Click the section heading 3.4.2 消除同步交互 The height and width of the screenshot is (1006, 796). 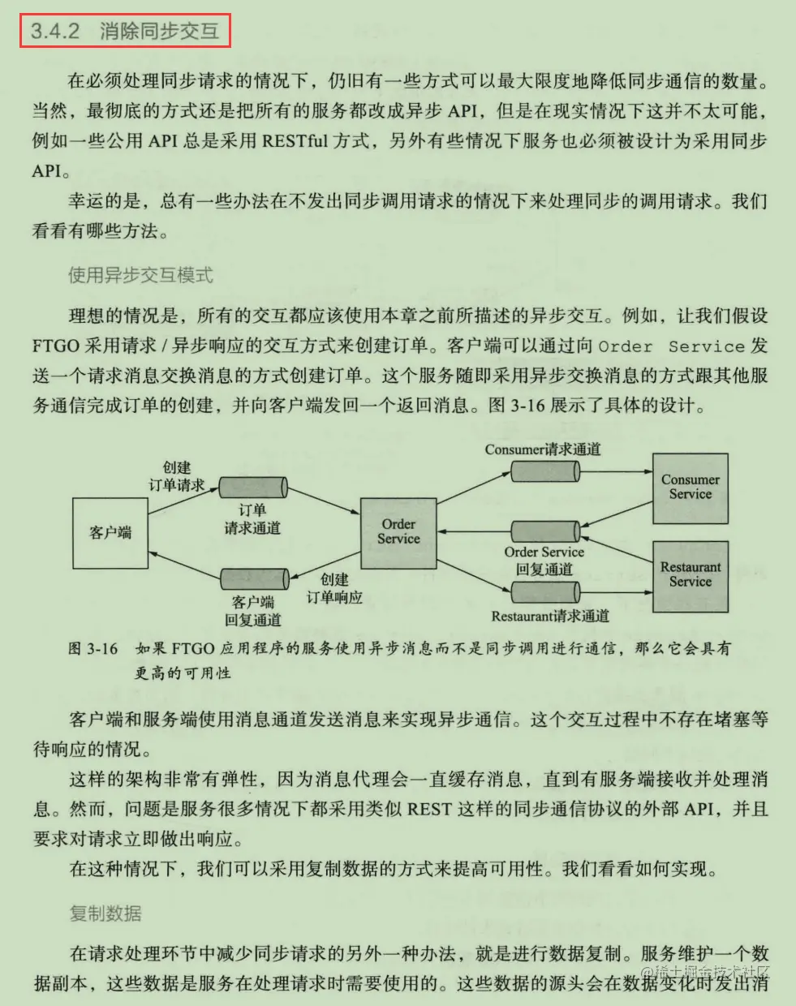(x=125, y=32)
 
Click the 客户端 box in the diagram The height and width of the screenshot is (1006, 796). (x=110, y=533)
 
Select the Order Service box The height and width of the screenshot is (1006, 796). (x=398, y=531)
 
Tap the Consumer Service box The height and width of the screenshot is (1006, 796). (x=690, y=487)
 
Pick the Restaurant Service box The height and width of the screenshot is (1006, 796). (x=690, y=574)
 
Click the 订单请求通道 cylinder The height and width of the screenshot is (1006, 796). (x=253, y=487)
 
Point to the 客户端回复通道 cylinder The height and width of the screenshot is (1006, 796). (x=254, y=578)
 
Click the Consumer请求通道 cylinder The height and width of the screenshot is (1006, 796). (x=544, y=471)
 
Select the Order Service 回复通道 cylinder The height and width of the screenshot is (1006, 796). (x=544, y=531)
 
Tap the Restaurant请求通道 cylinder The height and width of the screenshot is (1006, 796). (x=544, y=593)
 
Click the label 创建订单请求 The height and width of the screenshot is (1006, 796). (x=176, y=476)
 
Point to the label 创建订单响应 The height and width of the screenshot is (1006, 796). (x=334, y=588)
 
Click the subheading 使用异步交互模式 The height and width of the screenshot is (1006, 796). (x=140, y=275)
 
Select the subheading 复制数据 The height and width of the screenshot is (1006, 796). (x=105, y=914)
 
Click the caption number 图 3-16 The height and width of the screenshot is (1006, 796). (x=93, y=648)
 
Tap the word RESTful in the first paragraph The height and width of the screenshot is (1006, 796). (x=295, y=140)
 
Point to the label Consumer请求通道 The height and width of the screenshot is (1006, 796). (x=543, y=449)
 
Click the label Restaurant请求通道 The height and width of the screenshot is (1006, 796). (x=550, y=617)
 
